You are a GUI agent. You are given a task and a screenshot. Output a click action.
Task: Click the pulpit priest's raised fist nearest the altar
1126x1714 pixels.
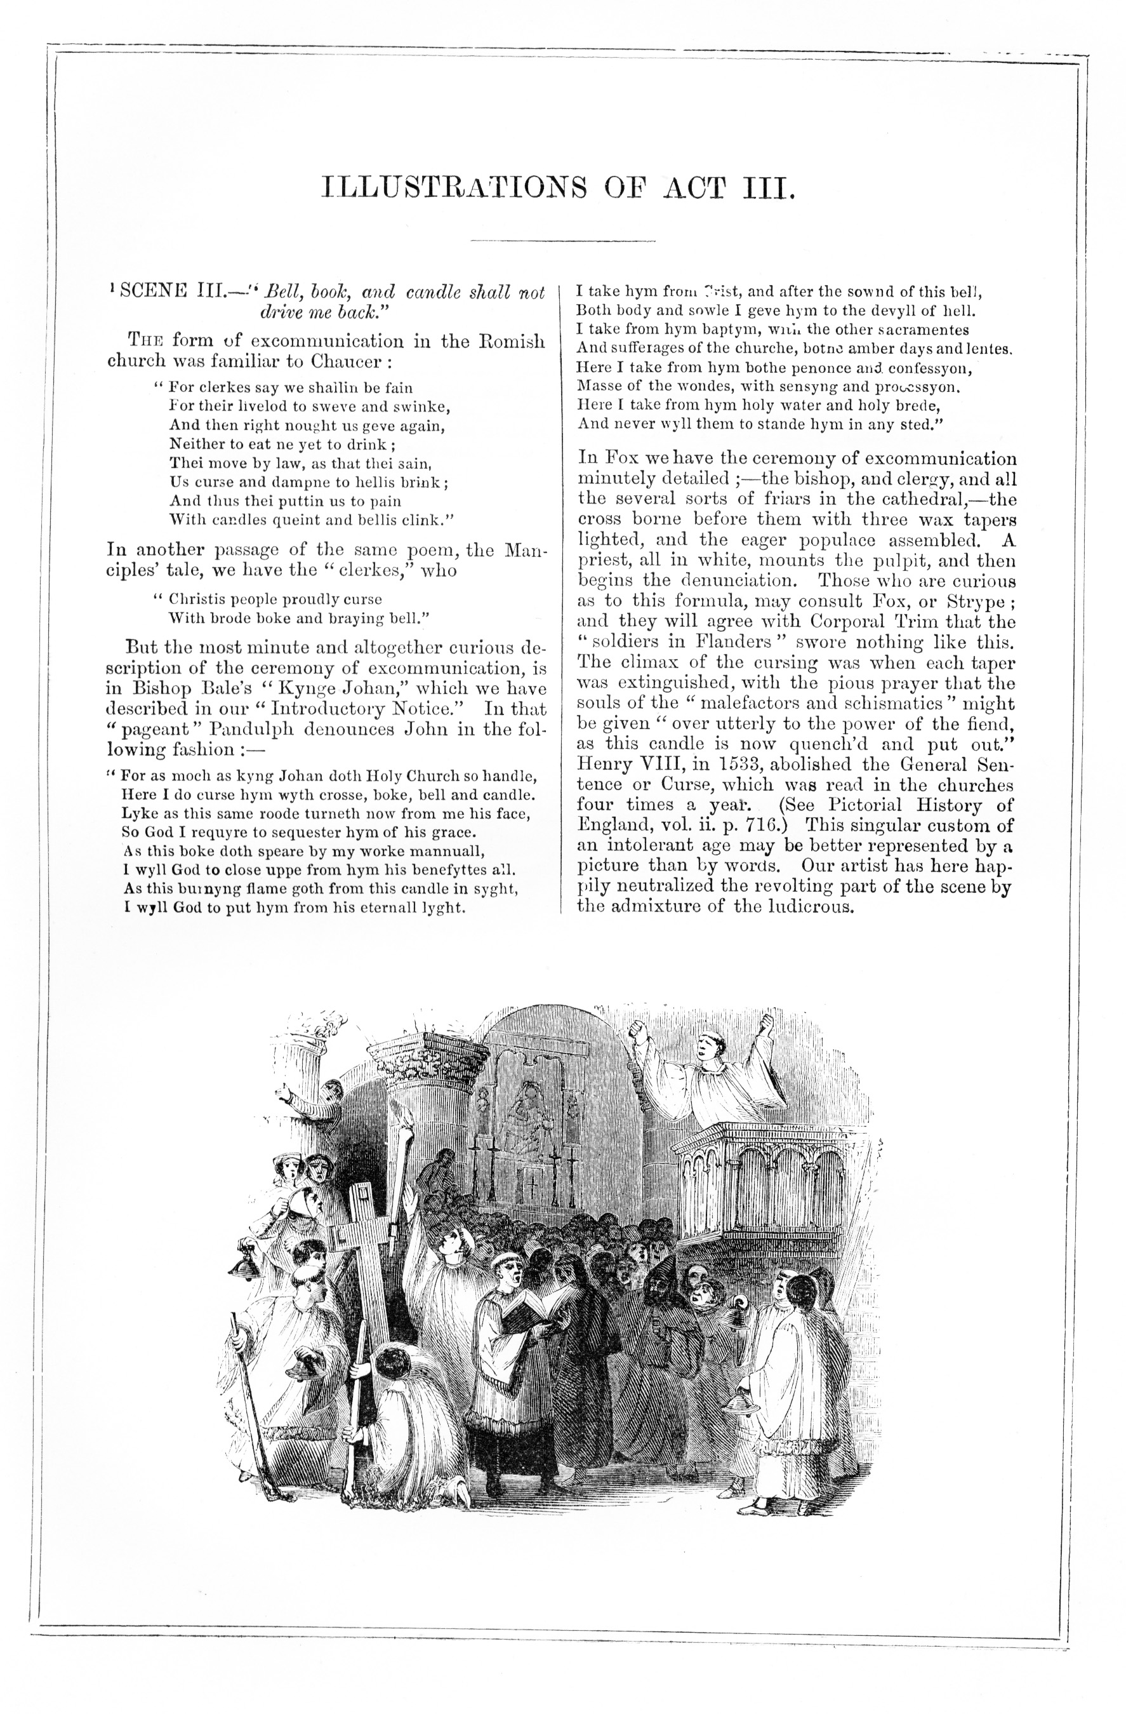637,1029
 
